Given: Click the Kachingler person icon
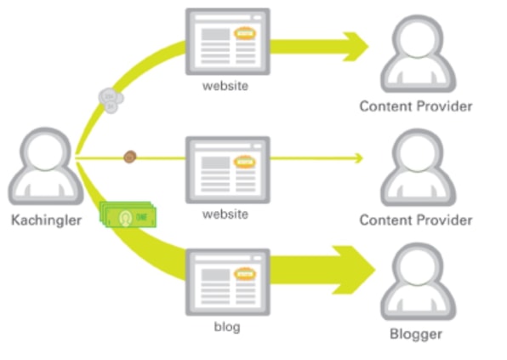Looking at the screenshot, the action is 46,167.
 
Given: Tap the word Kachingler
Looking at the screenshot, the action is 46,220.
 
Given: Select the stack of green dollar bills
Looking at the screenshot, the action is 128,214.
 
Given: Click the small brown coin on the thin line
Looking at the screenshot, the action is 129,157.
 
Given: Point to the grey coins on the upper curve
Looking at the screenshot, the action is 111,100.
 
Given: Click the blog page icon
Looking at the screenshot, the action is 228,282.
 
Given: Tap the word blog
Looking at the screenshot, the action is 227,327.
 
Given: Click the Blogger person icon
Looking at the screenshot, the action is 418,282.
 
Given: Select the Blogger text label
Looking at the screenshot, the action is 416,334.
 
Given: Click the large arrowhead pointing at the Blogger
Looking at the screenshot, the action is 354,270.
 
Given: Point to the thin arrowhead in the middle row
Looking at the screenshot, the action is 358,158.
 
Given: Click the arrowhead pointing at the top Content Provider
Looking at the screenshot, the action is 356,47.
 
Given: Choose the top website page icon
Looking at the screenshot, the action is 228,42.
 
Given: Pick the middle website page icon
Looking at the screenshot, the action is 228,170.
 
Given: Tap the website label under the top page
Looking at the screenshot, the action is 225,86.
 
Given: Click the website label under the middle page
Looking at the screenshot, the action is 225,214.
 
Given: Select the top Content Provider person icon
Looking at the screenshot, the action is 418,54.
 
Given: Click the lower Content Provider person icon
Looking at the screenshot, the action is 418,167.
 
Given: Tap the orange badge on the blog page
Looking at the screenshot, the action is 245,274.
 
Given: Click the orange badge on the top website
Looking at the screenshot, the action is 245,33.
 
